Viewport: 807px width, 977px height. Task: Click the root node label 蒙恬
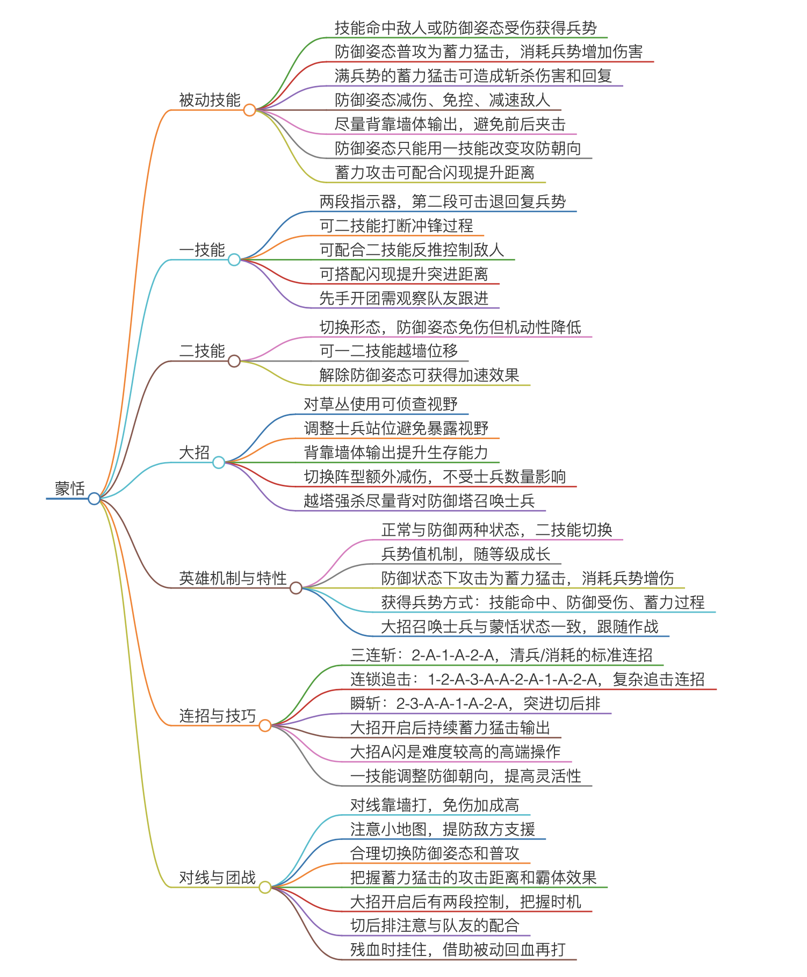pyautogui.click(x=70, y=488)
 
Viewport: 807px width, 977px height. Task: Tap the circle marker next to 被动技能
pyautogui.click(x=249, y=110)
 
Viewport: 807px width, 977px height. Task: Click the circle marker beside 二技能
pyautogui.click(x=234, y=361)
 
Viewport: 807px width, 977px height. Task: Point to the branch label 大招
pyautogui.click(x=194, y=452)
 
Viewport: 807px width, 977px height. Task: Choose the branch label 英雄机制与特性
pyautogui.click(x=233, y=578)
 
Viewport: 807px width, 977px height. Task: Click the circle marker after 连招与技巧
pyautogui.click(x=265, y=726)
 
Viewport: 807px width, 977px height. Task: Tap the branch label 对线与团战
pyautogui.click(x=218, y=878)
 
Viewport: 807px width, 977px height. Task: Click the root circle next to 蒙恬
pyautogui.click(x=94, y=499)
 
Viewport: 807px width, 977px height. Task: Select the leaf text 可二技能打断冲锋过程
pyautogui.click(x=397, y=226)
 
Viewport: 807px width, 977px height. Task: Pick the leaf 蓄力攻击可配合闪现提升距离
pyautogui.click(x=435, y=173)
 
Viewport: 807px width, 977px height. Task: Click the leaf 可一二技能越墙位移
pyautogui.click(x=389, y=351)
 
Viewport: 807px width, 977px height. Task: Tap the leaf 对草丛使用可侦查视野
pyautogui.click(x=381, y=404)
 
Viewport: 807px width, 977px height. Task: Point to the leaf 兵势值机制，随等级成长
pyautogui.click(x=466, y=554)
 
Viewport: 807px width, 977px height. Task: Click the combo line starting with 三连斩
pyautogui.click(x=502, y=655)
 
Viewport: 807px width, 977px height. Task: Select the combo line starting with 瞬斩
pyautogui.click(x=475, y=703)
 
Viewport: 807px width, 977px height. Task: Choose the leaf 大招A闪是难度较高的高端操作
pyautogui.click(x=456, y=752)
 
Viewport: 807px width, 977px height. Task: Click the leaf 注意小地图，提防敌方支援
pyautogui.click(x=443, y=829)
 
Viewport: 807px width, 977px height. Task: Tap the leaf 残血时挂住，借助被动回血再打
pyautogui.click(x=458, y=950)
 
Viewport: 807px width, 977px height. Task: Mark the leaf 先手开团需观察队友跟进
pyautogui.click(x=404, y=298)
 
